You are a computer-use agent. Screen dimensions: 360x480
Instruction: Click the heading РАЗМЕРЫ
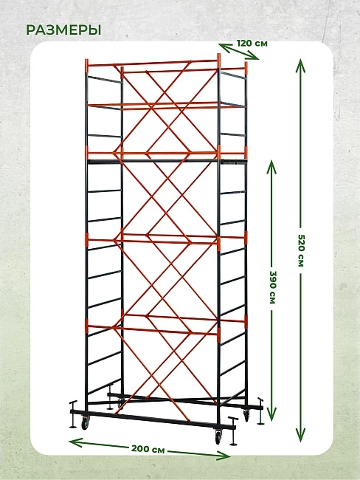pos(63,30)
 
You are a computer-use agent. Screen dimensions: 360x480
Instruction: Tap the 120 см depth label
pos(252,43)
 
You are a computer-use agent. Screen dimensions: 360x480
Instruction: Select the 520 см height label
pos(301,250)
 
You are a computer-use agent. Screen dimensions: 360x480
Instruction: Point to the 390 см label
pos(272,287)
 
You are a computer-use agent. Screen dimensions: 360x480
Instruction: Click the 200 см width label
pos(148,449)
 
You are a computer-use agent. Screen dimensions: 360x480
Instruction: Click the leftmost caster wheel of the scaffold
pos(84,424)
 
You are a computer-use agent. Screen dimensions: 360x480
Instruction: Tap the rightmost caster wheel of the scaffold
pos(246,416)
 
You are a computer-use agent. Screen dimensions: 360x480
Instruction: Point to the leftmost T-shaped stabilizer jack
pos(73,414)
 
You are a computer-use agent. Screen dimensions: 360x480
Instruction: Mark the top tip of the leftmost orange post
pos(87,59)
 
